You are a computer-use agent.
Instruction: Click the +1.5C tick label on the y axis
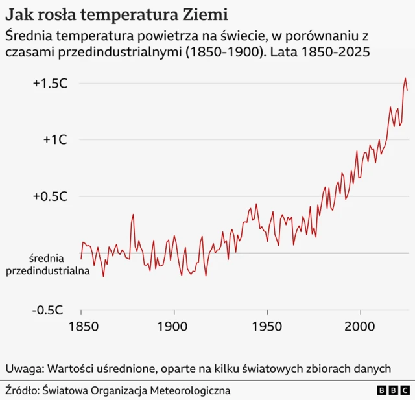click(51, 84)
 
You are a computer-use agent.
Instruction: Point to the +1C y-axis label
click(55, 140)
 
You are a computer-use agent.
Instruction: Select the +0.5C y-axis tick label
click(51, 196)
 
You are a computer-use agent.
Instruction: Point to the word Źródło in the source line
click(21, 390)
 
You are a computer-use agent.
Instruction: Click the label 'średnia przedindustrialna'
click(47, 265)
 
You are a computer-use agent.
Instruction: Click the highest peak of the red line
click(405, 78)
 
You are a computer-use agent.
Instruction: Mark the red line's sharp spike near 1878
click(133, 215)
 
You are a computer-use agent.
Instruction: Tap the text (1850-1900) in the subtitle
click(224, 52)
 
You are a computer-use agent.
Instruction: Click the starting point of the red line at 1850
click(81, 259)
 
